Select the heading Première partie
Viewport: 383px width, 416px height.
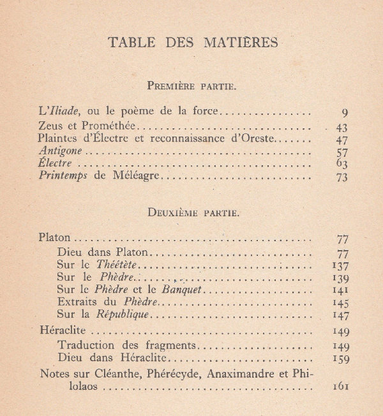click(193, 85)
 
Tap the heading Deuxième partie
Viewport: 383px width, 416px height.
click(193, 212)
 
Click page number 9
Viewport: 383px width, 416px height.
click(345, 113)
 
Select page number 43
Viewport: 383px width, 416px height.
click(342, 128)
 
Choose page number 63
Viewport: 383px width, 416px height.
click(342, 165)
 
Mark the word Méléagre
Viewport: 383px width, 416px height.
click(137, 176)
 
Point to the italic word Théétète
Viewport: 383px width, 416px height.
click(117, 264)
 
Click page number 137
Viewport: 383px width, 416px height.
click(340, 265)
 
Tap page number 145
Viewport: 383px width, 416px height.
click(340, 303)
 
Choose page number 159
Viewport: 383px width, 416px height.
click(340, 359)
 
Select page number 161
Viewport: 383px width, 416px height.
click(340, 387)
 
